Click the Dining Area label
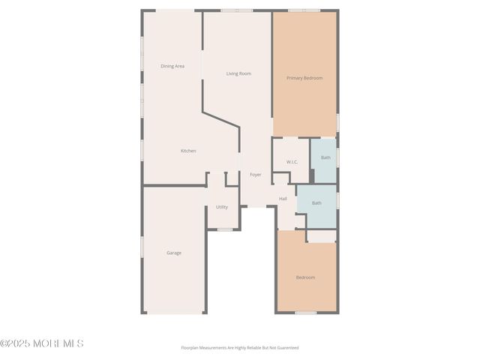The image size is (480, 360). point(172,66)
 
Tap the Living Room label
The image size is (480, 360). point(238,73)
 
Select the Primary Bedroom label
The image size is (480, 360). point(304,78)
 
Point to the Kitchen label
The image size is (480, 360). point(188,151)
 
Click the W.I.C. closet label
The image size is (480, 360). point(292,162)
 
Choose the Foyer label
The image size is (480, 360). point(256,175)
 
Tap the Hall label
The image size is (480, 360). point(283,199)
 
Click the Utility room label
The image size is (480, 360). point(222,207)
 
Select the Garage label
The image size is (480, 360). point(174,253)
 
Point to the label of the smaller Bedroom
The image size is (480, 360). point(305,277)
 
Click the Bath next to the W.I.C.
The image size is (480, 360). point(325,157)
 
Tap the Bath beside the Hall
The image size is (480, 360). point(316,202)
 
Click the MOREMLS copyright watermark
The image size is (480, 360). point(42,343)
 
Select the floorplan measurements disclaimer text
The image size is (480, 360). point(239,348)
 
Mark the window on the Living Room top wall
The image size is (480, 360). point(237,10)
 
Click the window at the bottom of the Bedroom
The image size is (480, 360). point(305,312)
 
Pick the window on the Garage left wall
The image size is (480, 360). point(142,247)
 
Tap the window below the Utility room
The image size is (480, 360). point(224,229)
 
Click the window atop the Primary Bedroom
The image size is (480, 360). point(304,10)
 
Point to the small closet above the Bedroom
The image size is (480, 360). point(322,236)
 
